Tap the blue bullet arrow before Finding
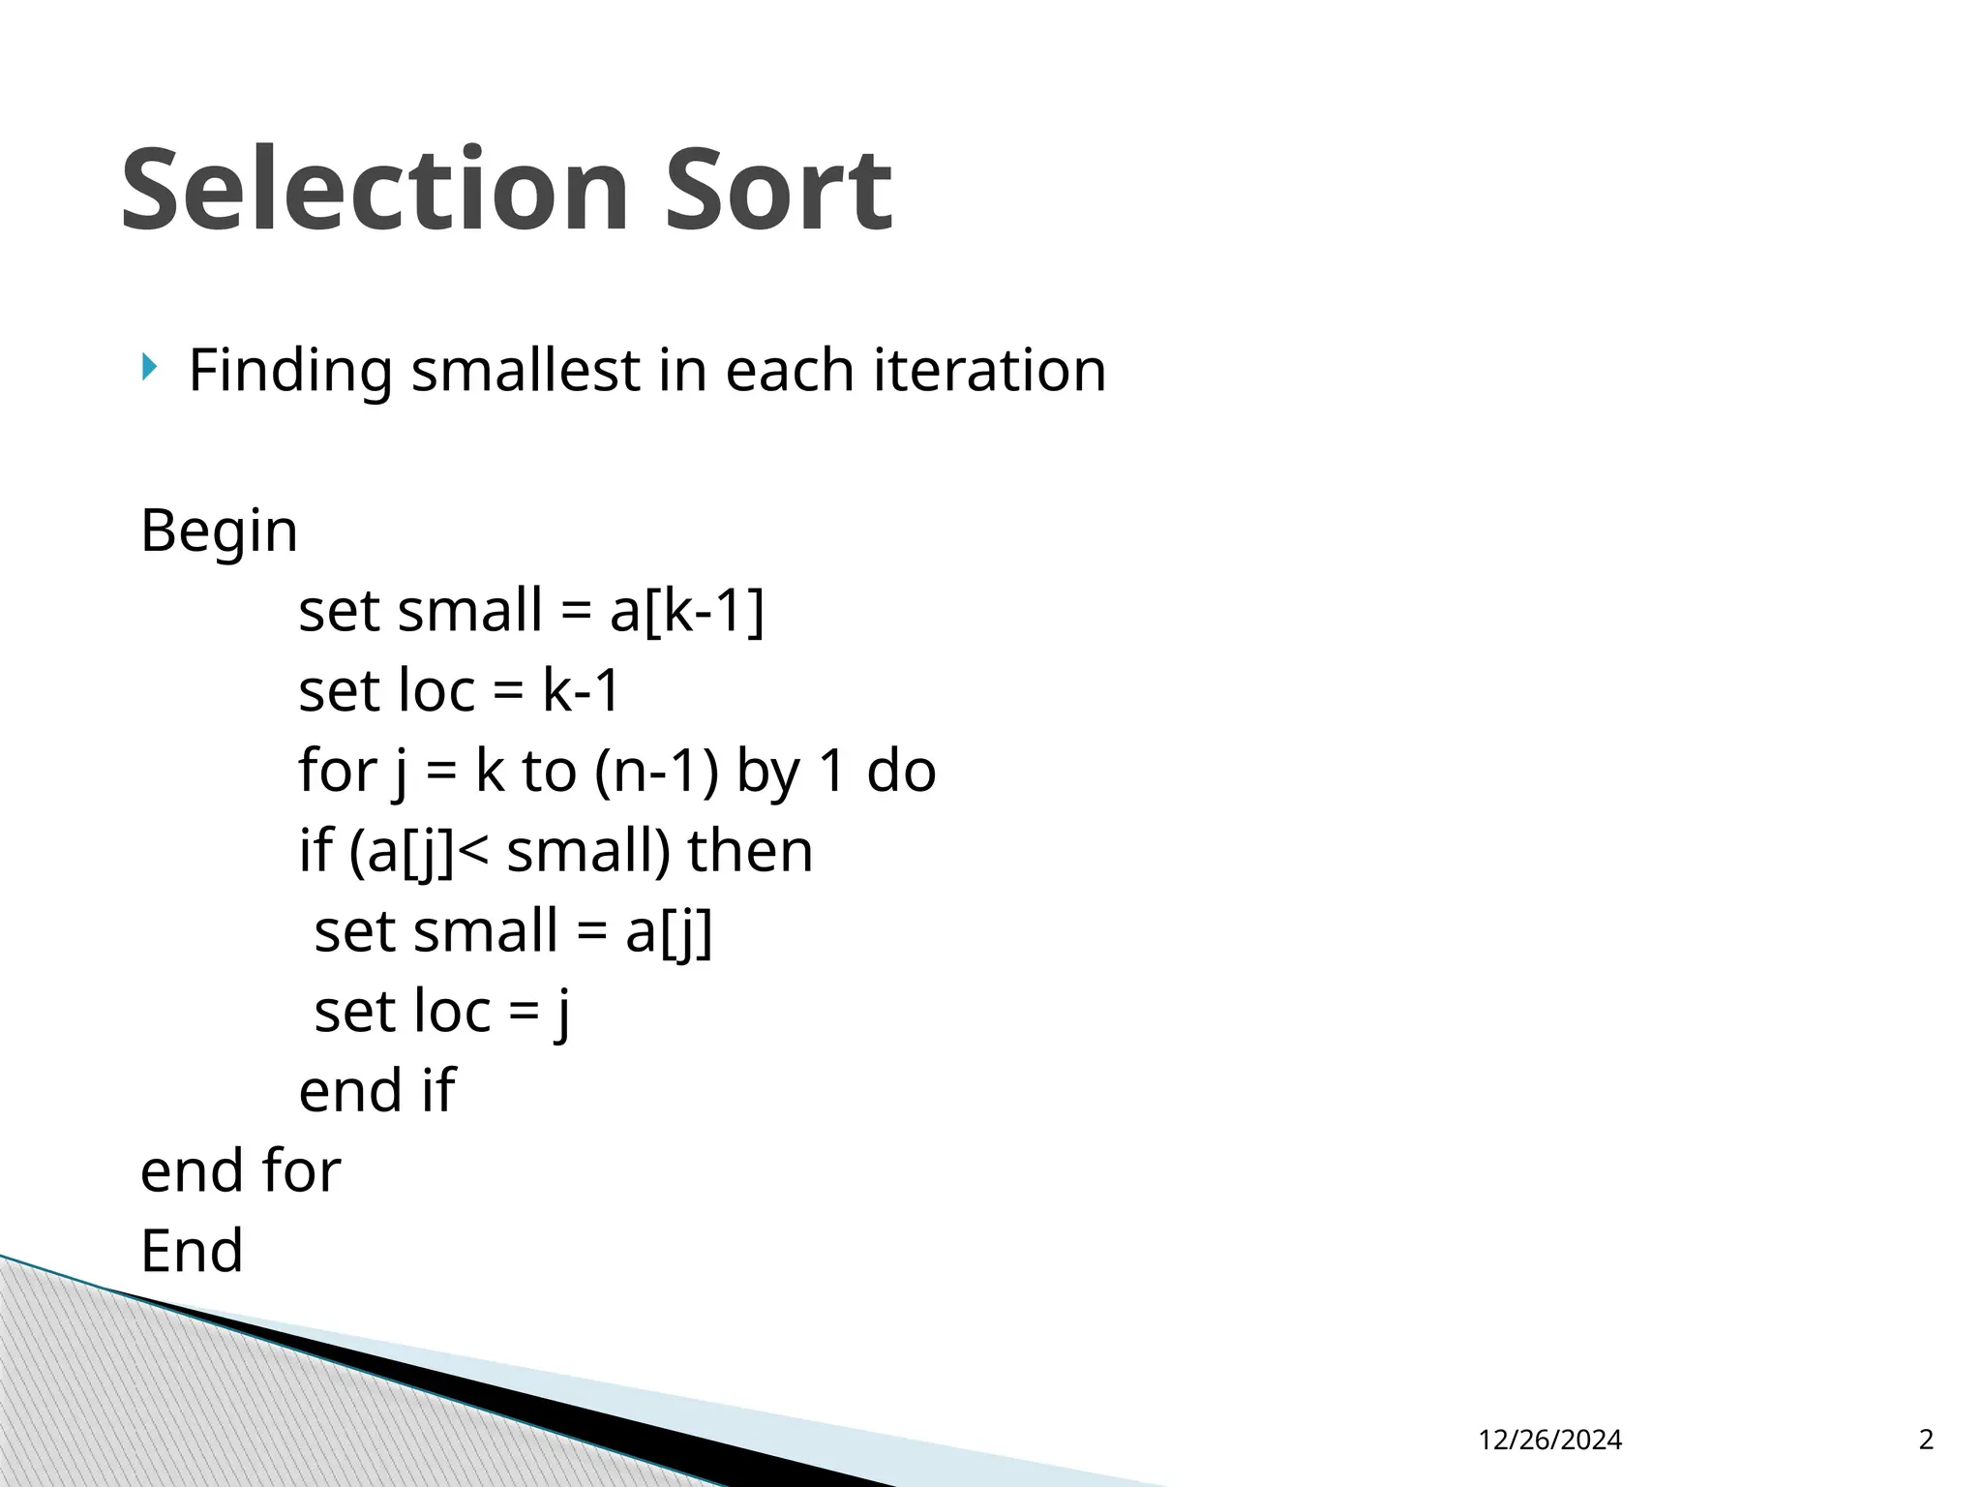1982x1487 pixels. [148, 367]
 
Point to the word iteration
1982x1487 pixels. [989, 370]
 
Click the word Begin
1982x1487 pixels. [219, 531]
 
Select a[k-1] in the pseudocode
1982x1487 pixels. [687, 612]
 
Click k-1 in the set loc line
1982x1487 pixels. [581, 691]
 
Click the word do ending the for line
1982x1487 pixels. [901, 772]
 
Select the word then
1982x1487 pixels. [750, 852]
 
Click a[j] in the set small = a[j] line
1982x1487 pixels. [669, 932]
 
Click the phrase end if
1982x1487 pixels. [375, 1091]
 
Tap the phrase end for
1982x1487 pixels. [240, 1171]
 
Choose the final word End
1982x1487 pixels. [192, 1251]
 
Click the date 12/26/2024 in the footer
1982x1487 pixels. [1550, 1441]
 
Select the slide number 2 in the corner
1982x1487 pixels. [1926, 1441]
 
